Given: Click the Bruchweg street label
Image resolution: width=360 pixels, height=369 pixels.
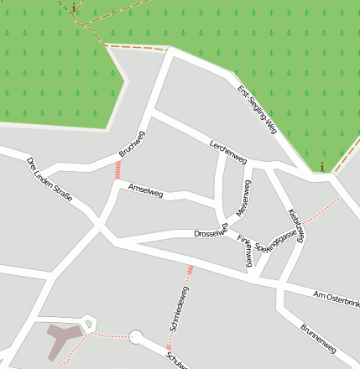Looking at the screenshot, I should click(x=132, y=144).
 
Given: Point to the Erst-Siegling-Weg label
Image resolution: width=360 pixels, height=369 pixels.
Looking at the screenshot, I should click(x=257, y=109).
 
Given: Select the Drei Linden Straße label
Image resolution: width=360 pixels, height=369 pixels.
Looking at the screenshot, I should click(x=50, y=181).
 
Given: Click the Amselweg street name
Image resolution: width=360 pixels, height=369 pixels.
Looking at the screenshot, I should click(x=145, y=191).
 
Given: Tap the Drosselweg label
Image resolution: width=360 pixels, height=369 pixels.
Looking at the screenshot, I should click(x=211, y=233).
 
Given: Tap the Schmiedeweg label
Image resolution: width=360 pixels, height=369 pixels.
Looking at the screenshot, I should click(x=179, y=310).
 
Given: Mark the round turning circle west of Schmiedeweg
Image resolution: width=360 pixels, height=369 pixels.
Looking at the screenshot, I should click(x=135, y=337).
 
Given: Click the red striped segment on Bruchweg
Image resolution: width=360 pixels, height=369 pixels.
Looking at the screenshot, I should click(x=117, y=169).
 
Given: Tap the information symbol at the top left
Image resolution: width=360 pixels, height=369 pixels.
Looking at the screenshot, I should click(x=74, y=8).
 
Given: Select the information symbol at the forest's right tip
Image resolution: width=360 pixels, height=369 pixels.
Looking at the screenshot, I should click(x=321, y=166).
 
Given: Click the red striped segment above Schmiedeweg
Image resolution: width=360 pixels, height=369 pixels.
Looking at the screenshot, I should click(x=190, y=270).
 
